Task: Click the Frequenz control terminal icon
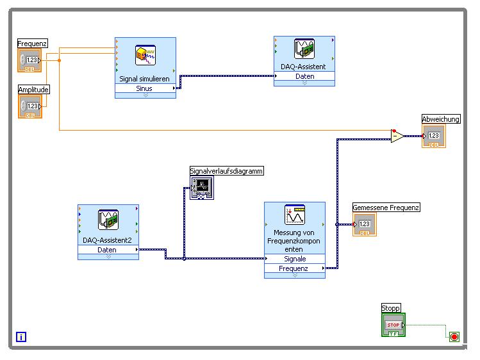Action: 29,61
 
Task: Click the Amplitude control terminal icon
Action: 29,106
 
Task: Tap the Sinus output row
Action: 145,88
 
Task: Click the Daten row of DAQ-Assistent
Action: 304,76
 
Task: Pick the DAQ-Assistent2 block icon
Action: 108,220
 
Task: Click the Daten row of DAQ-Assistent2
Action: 108,250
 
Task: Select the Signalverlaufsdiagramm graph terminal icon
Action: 202,188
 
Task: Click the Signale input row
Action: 295,259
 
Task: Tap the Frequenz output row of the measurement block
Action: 295,269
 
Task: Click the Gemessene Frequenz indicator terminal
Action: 364,224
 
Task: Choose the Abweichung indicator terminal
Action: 433,136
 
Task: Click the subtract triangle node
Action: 397,136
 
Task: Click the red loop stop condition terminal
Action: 454,337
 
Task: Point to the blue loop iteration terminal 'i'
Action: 21,337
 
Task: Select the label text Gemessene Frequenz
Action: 386,208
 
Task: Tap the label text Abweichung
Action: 441,119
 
